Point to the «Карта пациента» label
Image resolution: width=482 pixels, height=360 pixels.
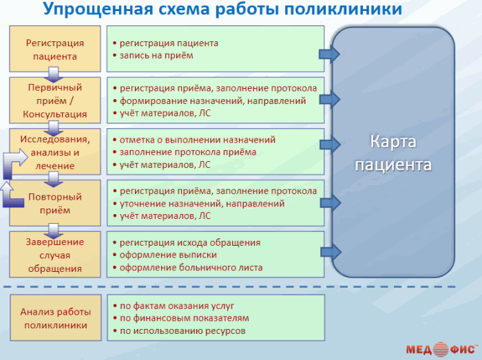point(392,153)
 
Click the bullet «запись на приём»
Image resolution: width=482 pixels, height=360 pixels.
point(156,55)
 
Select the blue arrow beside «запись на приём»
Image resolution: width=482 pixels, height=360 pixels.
point(330,54)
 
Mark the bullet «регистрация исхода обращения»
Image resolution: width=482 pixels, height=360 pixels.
point(190,242)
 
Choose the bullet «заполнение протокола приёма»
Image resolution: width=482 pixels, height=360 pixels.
point(187,152)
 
